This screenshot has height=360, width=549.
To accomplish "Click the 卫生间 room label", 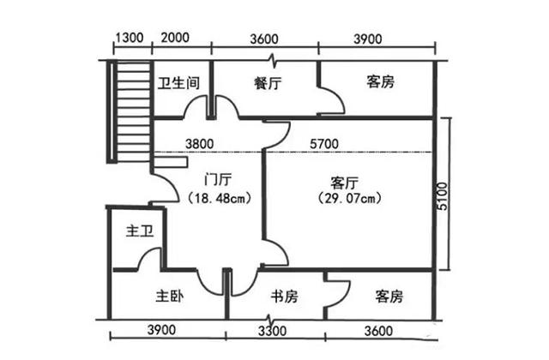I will (x=179, y=83).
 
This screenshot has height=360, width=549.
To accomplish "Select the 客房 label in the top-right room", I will (x=380, y=82).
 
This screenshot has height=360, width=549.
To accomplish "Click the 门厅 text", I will (x=218, y=181).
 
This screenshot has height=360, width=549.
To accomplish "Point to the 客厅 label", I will (x=344, y=182).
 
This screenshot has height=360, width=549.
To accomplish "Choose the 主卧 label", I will (x=170, y=297).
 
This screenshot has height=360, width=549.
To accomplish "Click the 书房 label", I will (x=284, y=297).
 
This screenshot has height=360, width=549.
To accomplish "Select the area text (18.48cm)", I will (x=218, y=198).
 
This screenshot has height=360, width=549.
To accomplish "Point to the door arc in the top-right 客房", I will (x=335, y=101).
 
